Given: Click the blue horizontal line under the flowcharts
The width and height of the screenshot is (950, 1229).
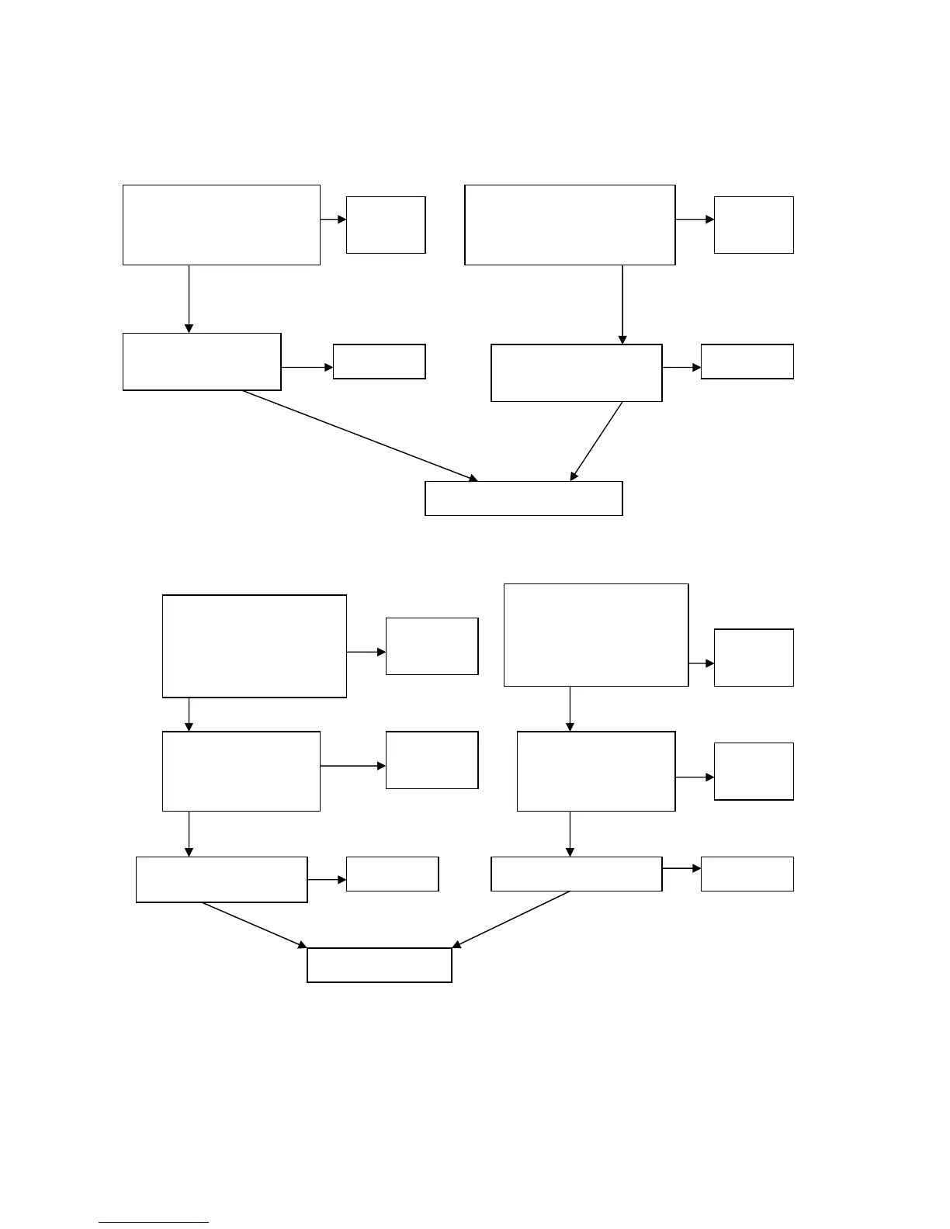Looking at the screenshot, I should tap(154, 1223).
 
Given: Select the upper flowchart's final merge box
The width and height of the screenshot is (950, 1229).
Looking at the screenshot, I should tap(524, 498).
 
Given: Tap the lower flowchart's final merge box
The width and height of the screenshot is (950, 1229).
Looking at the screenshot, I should tap(380, 965).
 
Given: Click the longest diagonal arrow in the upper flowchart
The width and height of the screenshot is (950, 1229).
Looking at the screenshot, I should tap(359, 435).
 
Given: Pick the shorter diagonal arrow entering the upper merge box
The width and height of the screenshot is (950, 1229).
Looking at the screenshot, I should tap(597, 441).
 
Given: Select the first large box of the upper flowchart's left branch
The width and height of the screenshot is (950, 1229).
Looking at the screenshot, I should tap(221, 225).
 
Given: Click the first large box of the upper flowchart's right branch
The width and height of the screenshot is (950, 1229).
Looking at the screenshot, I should tap(570, 225).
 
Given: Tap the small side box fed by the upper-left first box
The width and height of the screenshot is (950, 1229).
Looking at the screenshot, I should tap(386, 225).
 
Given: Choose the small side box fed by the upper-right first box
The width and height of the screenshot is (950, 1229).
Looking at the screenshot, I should tap(754, 225).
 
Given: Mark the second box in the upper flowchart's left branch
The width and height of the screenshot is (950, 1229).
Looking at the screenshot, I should tap(202, 362).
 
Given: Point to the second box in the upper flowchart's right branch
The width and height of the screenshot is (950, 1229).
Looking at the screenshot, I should tap(577, 373).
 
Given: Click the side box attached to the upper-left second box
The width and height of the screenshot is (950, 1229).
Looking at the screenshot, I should tap(380, 362).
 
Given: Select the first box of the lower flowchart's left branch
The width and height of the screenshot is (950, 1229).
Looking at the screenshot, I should tap(254, 646).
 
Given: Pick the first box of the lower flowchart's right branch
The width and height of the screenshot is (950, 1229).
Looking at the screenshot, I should tap(596, 635).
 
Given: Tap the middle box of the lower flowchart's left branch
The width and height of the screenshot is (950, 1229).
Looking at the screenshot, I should tap(241, 771).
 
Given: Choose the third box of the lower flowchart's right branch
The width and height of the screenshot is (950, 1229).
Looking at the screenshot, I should tap(577, 874).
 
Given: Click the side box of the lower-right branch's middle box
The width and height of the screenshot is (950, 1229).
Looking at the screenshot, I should tap(754, 771).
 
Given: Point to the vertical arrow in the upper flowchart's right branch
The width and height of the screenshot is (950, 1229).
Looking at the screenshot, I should tap(622, 304).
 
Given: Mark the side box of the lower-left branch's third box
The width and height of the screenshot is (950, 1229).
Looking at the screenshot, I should tap(392, 874).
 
